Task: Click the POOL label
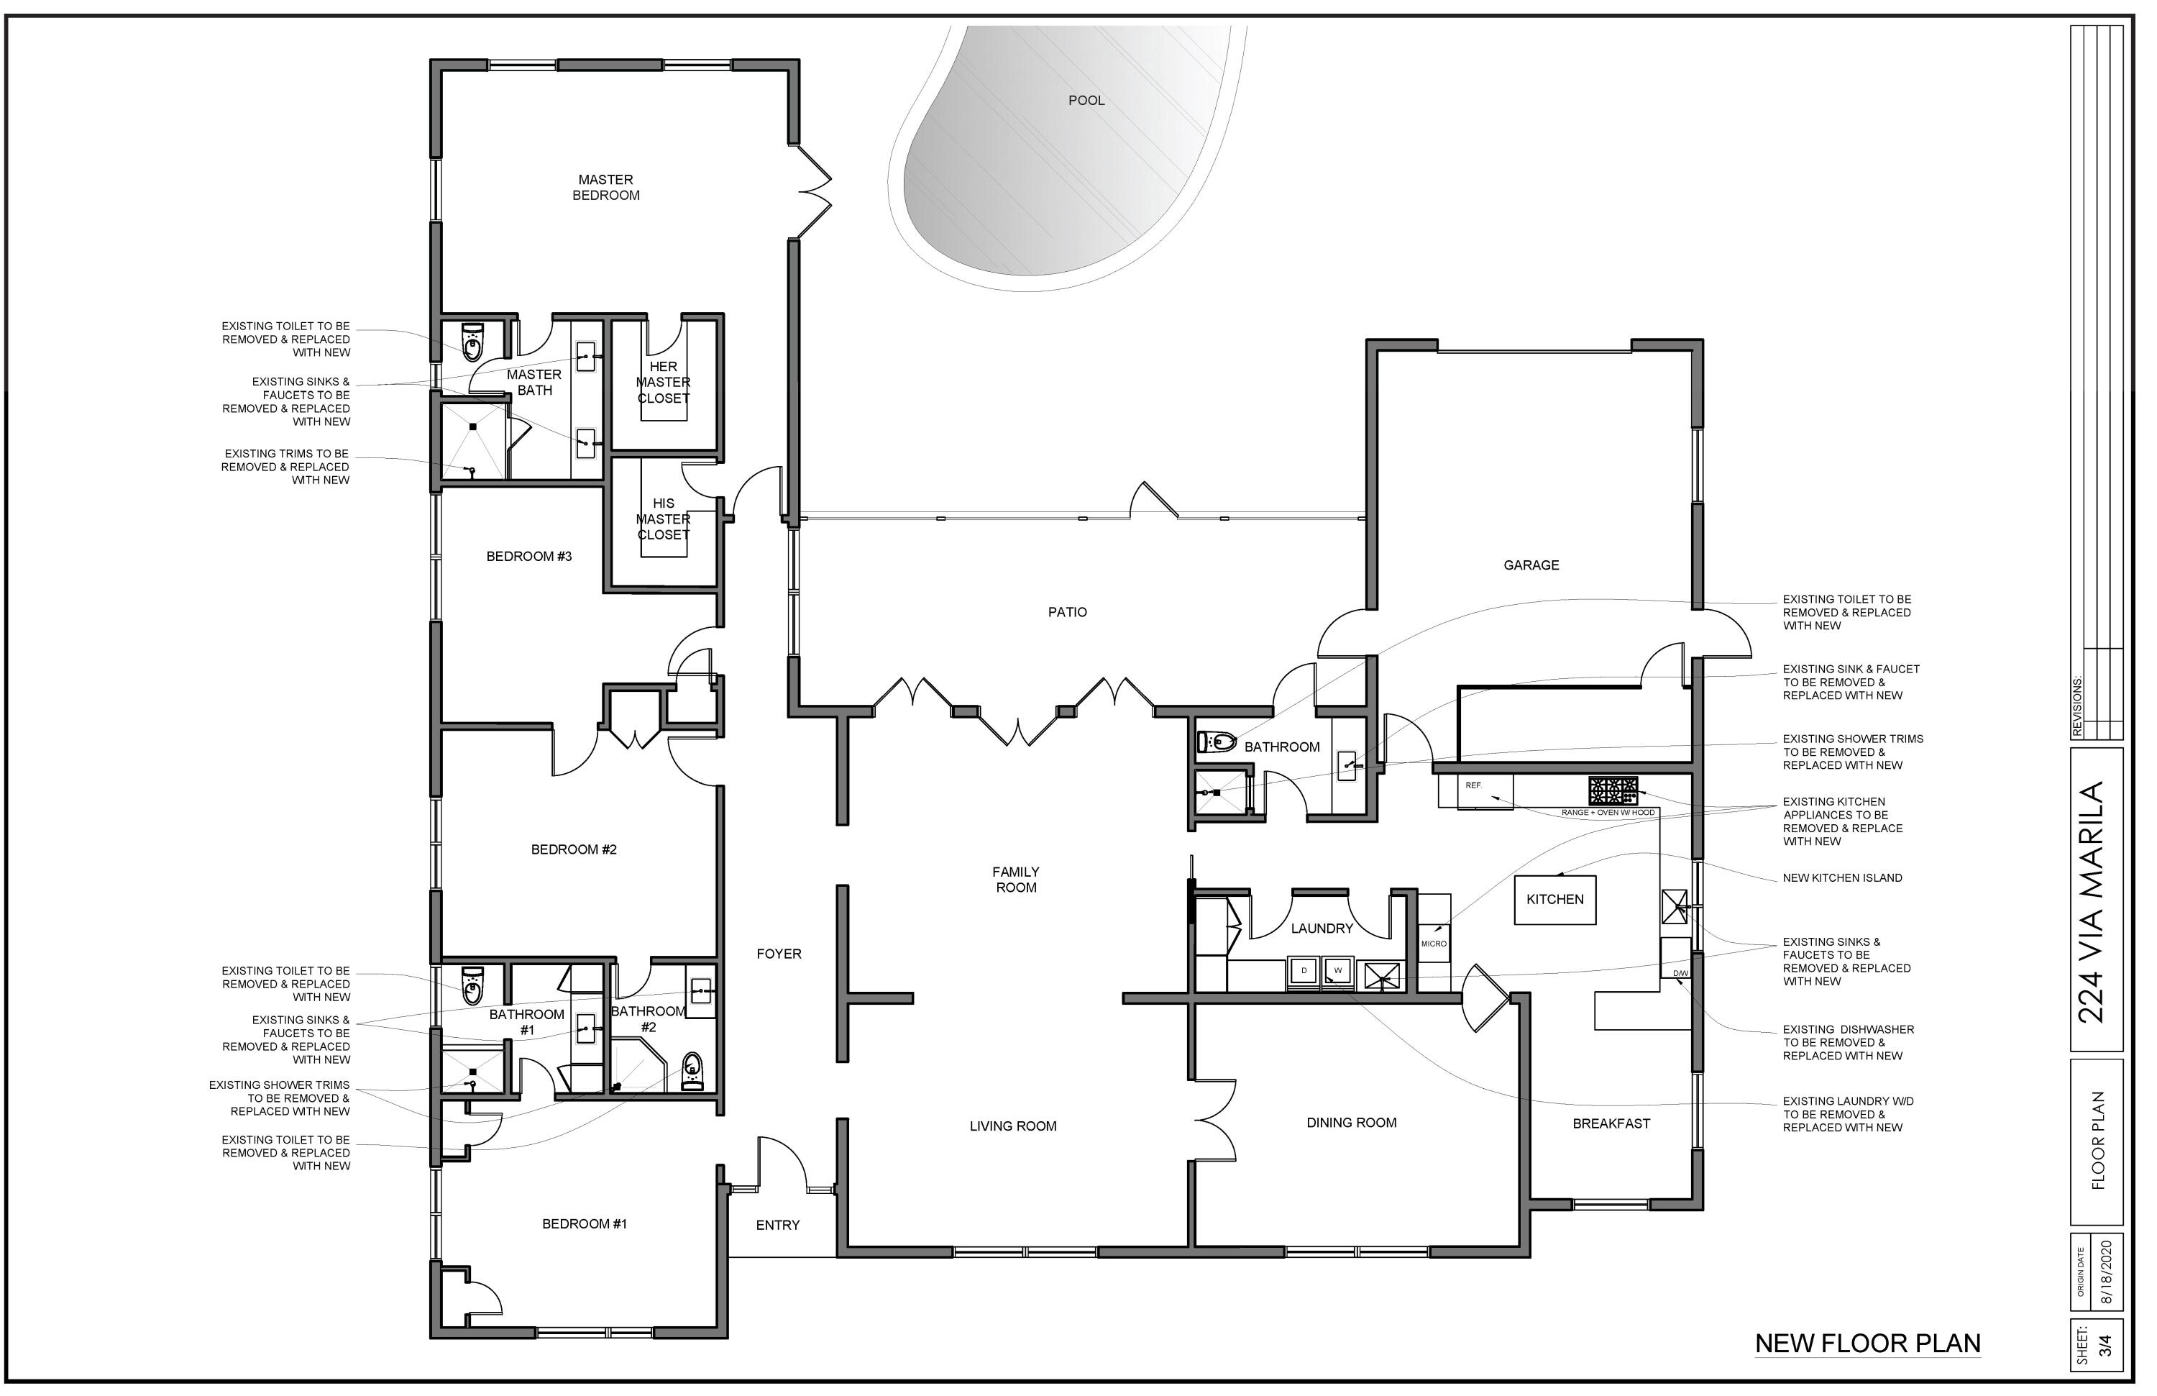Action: pos(1086,101)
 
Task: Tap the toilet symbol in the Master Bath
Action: pos(472,342)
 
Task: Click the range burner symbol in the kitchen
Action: pos(1612,790)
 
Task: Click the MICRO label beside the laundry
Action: pos(1434,944)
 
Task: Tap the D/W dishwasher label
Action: pos(1681,975)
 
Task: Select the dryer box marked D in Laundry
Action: pos(1304,972)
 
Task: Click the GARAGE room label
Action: pos(1531,565)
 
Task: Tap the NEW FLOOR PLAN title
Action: pos(1868,1343)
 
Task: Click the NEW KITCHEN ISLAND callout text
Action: pos(1843,877)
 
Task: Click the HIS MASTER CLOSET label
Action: pos(664,519)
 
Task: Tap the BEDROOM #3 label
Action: pos(529,557)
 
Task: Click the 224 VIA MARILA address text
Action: pos(2091,902)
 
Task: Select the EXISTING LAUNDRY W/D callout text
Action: pos(1848,1114)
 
